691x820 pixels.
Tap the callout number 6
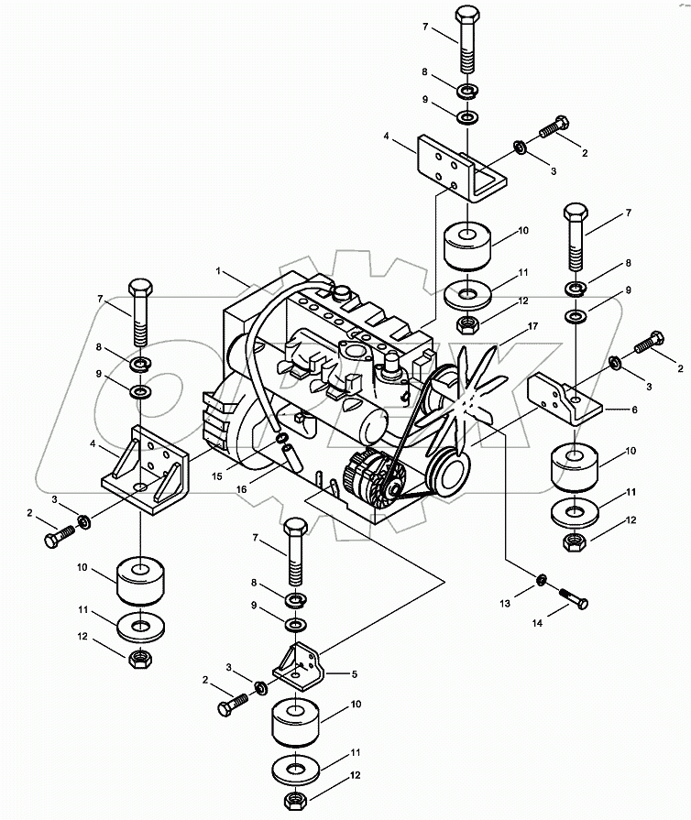[634, 411]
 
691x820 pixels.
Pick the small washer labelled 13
[542, 581]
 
